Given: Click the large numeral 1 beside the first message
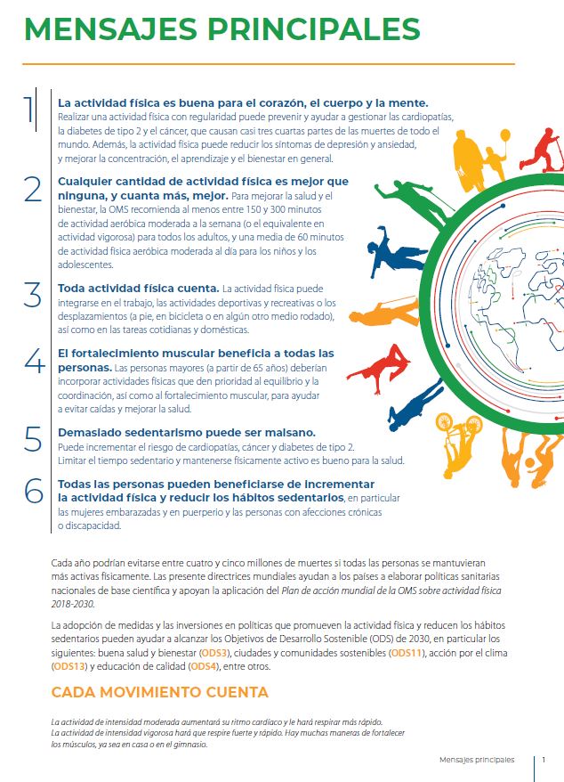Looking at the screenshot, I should pyautogui.click(x=30, y=110).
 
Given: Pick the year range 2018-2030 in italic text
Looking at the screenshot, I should pyautogui.click(x=77, y=603).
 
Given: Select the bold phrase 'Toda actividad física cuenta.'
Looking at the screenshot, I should pyautogui.click(x=138, y=288).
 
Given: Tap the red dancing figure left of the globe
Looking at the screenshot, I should pyautogui.click(x=377, y=357).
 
